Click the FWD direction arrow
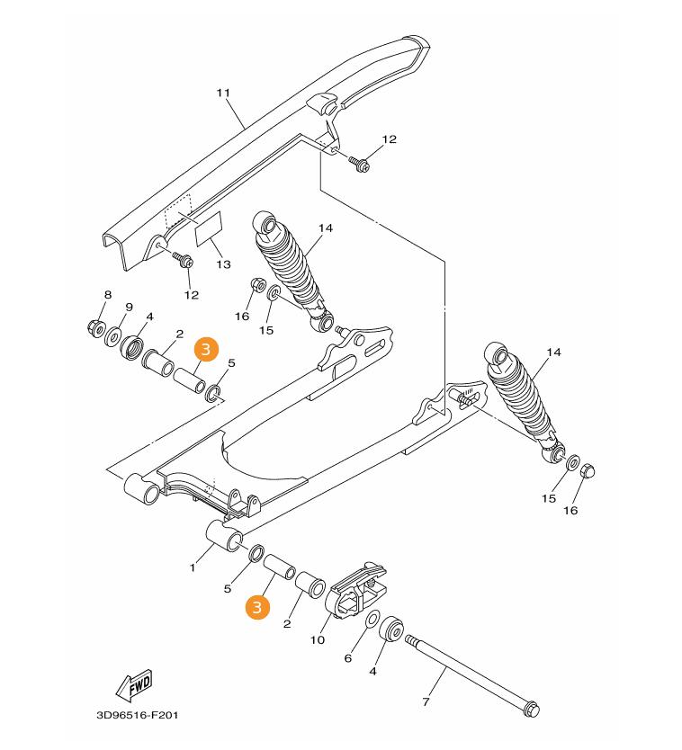(134, 683)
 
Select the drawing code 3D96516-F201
(138, 716)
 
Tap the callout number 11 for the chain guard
(223, 93)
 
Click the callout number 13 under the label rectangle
(223, 264)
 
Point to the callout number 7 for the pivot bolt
(426, 701)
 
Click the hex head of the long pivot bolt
(531, 709)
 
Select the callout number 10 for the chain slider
(318, 640)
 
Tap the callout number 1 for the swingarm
(193, 567)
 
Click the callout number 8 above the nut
(108, 295)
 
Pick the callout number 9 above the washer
(129, 307)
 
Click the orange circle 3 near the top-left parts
(206, 349)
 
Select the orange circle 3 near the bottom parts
(257, 607)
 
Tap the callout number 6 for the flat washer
(348, 658)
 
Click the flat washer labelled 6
(372, 620)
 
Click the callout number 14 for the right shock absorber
(553, 353)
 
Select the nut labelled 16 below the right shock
(587, 471)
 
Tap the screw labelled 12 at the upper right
(359, 164)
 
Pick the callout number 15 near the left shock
(266, 331)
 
